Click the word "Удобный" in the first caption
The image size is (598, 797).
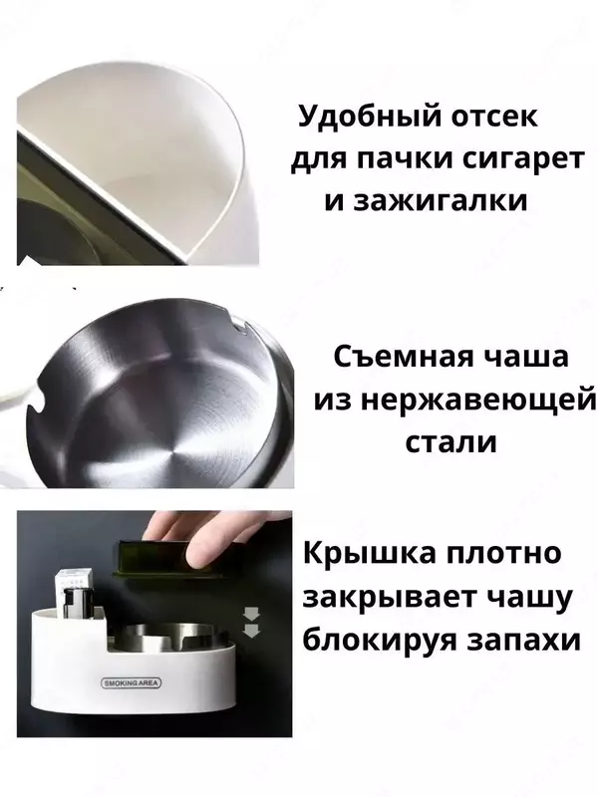pos(357,119)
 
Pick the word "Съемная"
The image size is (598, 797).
pos(396,357)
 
